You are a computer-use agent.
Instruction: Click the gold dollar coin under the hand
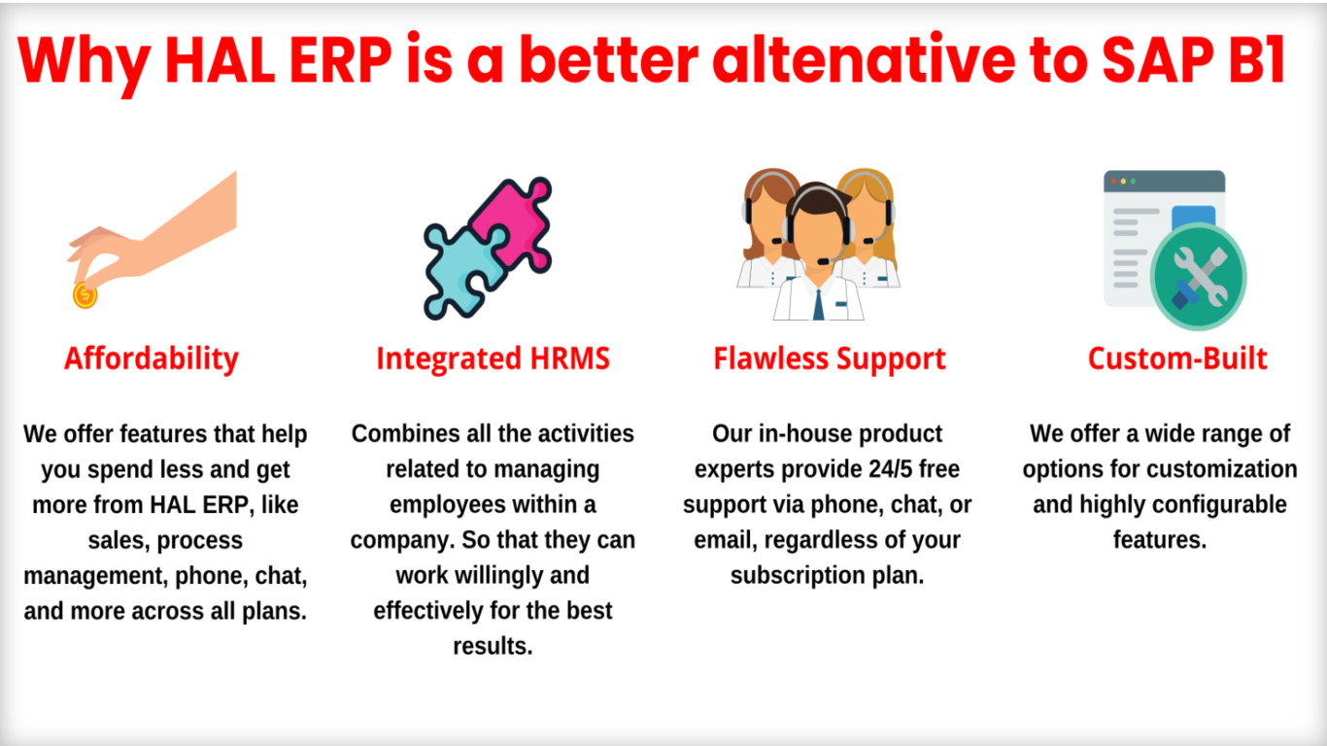pyautogui.click(x=85, y=295)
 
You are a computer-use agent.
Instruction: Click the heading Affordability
pyautogui.click(x=152, y=359)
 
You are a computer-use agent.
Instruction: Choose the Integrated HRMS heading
pyautogui.click(x=493, y=358)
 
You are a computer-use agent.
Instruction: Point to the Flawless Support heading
pyautogui.click(x=830, y=358)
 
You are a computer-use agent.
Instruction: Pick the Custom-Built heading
pyautogui.click(x=1177, y=358)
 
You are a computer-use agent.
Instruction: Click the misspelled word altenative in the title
pyautogui.click(x=865, y=58)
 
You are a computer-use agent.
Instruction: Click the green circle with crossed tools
pyautogui.click(x=1199, y=276)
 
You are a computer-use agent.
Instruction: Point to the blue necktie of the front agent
pyautogui.click(x=819, y=305)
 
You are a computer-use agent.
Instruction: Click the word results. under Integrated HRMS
pyautogui.click(x=493, y=647)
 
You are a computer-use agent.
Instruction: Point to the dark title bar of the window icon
pyautogui.click(x=1164, y=181)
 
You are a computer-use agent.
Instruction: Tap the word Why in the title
pyautogui.click(x=84, y=62)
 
